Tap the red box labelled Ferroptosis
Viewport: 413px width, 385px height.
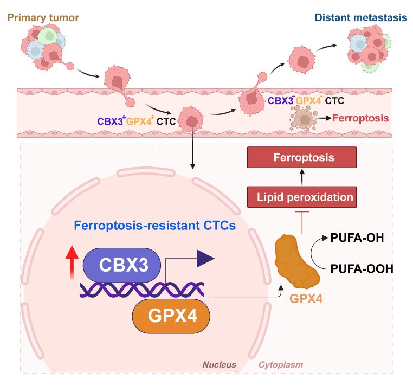pyautogui.click(x=302, y=158)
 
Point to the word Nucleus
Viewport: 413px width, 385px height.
pyautogui.click(x=220, y=364)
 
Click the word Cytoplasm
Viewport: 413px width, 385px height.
pyautogui.click(x=280, y=364)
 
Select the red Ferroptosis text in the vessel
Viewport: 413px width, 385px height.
pyautogui.click(x=360, y=117)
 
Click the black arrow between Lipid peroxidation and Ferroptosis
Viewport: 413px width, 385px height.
pyautogui.click(x=302, y=177)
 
